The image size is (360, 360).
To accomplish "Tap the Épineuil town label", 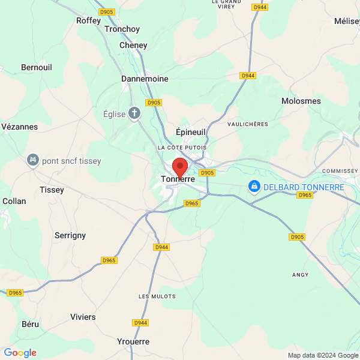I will click(x=191, y=132).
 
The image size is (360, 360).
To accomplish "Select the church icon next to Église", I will click(x=134, y=113).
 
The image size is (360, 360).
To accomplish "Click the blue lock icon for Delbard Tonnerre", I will click(x=254, y=187).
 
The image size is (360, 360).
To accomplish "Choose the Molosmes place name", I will click(x=301, y=101).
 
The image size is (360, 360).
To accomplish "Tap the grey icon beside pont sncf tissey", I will click(x=32, y=160).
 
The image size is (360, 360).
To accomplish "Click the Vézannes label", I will click(x=20, y=127).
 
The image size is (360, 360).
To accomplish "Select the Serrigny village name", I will click(x=70, y=235).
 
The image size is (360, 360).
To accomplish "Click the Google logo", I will click(x=20, y=353).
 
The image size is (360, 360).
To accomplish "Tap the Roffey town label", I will click(x=88, y=20).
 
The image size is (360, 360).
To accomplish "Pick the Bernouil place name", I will click(x=37, y=67).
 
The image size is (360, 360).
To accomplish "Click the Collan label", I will click(x=14, y=201).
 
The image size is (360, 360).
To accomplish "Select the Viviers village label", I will click(x=83, y=317).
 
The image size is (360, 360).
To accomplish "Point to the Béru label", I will click(x=31, y=324).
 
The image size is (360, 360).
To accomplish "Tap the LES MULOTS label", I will click(x=157, y=296).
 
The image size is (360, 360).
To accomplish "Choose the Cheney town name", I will click(x=133, y=45).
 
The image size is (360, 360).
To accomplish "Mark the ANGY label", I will click(x=299, y=275).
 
